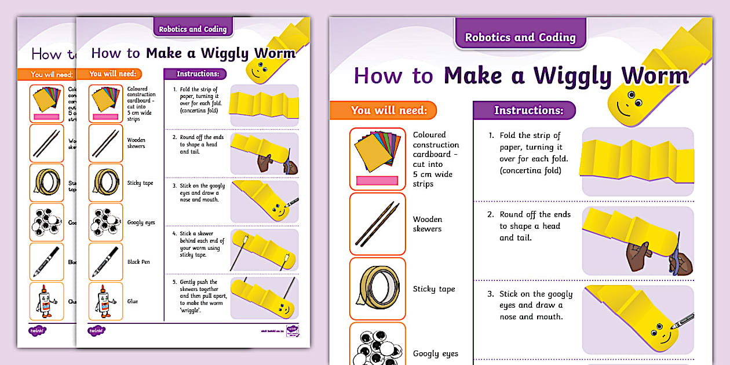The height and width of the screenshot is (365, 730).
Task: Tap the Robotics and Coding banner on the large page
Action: coord(520,37)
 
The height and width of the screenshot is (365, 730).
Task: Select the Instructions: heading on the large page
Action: coord(528,110)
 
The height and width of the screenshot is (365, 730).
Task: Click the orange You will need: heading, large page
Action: coord(389,110)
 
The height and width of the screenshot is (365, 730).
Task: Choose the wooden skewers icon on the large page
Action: coord(377,223)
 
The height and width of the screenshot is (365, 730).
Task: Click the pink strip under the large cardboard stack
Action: coord(377,181)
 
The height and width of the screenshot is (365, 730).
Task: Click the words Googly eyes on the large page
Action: coord(435,353)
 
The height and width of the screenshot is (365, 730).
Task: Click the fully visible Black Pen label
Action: coord(138,262)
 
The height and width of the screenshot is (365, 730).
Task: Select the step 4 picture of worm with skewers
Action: coord(264,249)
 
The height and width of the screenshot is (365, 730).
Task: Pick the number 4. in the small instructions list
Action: coord(174,233)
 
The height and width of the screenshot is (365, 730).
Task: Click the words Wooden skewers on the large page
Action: coord(427,224)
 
